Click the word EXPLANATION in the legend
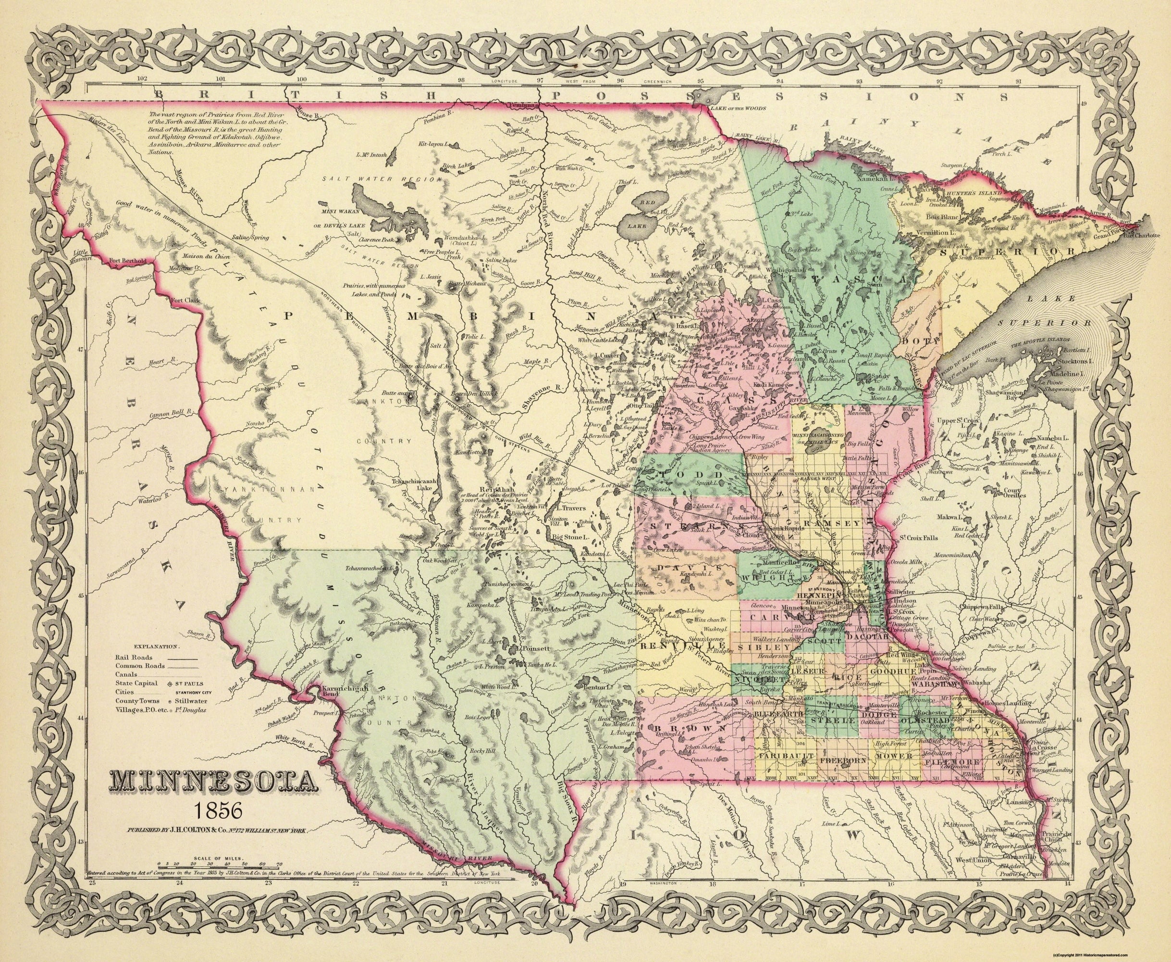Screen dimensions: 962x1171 [x=156, y=646]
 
